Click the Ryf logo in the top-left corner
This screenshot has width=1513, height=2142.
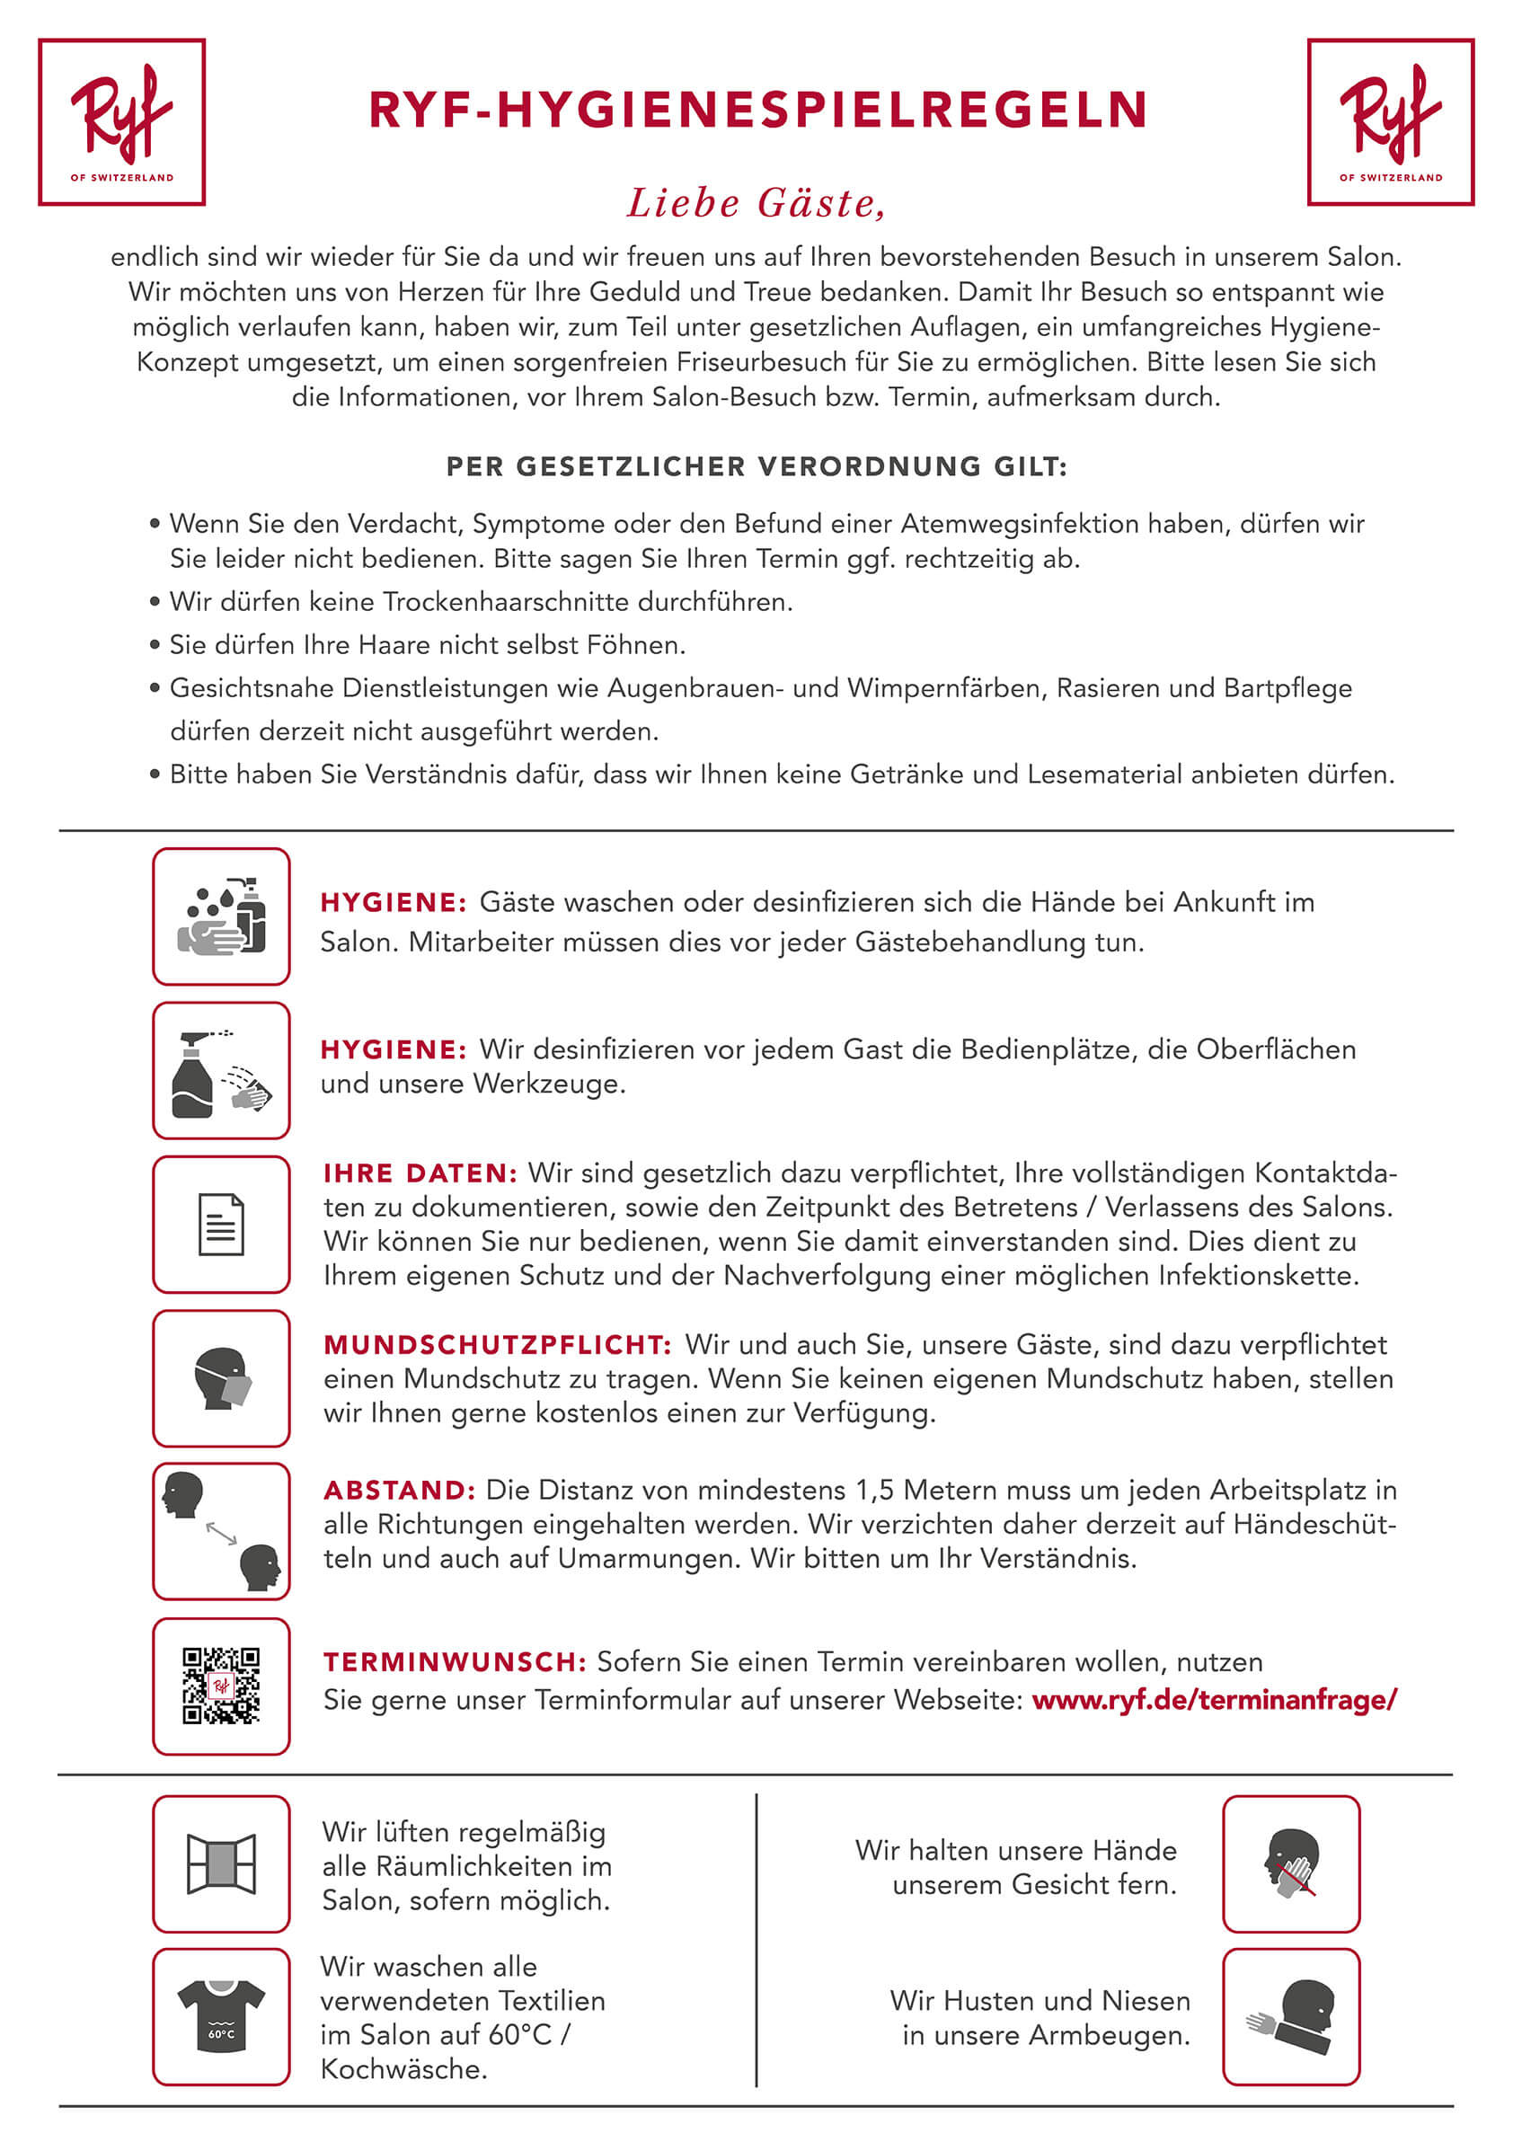[121, 122]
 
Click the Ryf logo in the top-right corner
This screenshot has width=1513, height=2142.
[1390, 122]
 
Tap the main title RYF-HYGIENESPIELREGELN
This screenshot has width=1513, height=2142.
[756, 111]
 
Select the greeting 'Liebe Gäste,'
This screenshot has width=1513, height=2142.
[756, 203]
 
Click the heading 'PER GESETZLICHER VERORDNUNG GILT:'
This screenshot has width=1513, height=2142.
[756, 466]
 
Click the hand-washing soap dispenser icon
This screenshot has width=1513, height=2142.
[221, 916]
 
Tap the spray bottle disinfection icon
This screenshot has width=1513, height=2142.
[221, 1070]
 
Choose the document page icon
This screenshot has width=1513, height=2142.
[221, 1224]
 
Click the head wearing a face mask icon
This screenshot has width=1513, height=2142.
[221, 1378]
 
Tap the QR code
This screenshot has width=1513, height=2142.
[221, 1686]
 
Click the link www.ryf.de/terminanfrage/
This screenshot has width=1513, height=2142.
[1214, 1700]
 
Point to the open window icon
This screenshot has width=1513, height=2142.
[221, 1864]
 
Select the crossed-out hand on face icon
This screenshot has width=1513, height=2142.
[1291, 1864]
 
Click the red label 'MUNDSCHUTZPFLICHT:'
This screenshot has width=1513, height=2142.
[497, 1344]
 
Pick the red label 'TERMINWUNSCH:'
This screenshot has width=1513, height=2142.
[455, 1661]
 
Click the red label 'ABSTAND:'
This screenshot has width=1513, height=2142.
[399, 1490]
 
